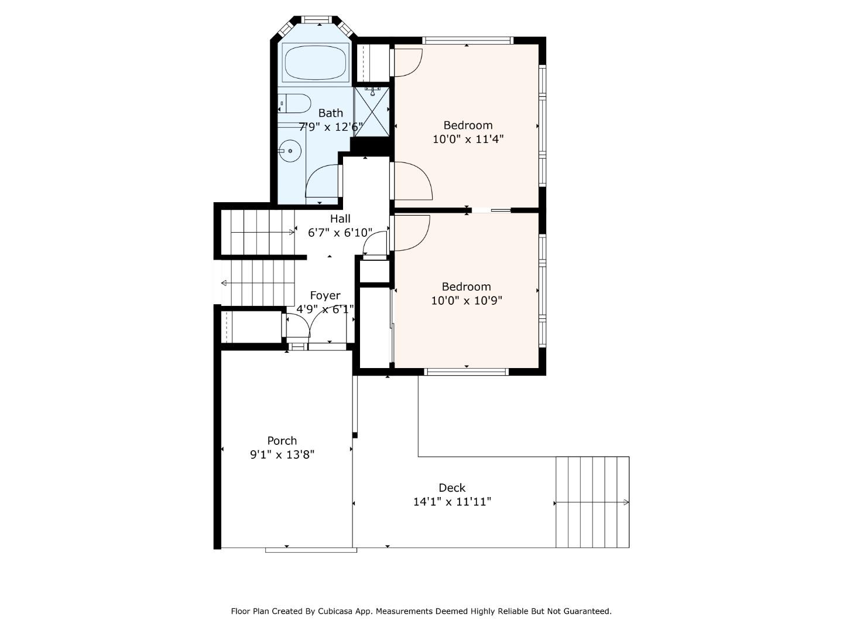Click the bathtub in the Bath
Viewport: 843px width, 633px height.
pos(316,62)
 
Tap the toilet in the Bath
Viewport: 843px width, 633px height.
pos(296,104)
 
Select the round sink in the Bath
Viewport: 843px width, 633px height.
pos(290,151)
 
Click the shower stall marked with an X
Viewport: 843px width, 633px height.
pos(372,111)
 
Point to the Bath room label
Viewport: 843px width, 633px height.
pos(331,113)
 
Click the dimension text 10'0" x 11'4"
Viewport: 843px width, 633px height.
pos(468,139)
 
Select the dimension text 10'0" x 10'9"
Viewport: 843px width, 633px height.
pos(466,301)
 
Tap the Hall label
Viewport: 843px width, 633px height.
pos(340,219)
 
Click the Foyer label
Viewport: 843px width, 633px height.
pos(325,295)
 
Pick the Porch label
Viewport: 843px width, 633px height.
pos(282,441)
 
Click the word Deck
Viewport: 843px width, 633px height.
pos(452,488)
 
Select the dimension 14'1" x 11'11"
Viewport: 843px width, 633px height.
pos(452,502)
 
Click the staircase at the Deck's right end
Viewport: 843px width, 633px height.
pos(592,502)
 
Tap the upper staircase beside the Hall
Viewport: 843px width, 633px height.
pos(262,233)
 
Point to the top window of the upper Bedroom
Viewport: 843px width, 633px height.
pos(467,40)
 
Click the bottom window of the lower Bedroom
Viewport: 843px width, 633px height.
pos(466,372)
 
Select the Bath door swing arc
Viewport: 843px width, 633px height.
pos(322,182)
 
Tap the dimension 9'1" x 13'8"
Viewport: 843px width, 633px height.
pos(282,455)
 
